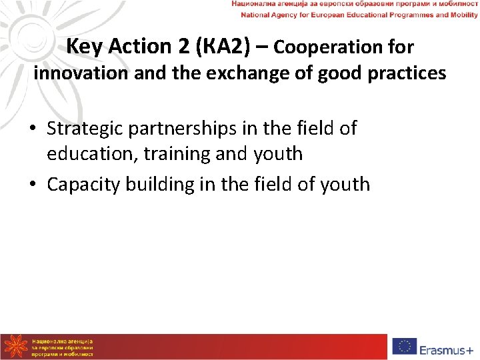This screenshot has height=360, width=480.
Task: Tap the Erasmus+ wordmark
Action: [446, 347]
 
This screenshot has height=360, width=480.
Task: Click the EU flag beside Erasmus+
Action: [405, 347]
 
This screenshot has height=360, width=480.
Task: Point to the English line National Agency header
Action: [354, 14]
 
